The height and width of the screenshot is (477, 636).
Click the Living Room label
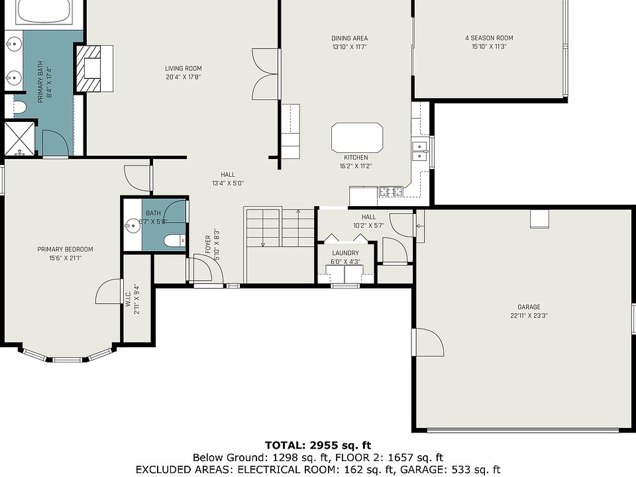click(x=184, y=68)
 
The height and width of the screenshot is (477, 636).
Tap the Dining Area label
click(x=350, y=38)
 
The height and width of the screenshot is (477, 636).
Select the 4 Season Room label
click(x=489, y=38)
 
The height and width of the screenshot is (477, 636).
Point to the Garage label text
click(x=529, y=307)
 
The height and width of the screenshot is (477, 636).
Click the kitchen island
click(x=357, y=138)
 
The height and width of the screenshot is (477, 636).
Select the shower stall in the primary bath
click(x=19, y=138)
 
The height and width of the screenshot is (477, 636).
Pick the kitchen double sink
click(x=420, y=151)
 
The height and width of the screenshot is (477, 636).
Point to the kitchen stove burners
click(x=392, y=191)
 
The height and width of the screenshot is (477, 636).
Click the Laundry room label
click(x=346, y=253)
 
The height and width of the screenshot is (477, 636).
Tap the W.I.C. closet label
click(x=128, y=298)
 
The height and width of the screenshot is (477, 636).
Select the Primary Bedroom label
click(x=66, y=250)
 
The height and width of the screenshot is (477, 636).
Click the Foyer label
click(x=208, y=244)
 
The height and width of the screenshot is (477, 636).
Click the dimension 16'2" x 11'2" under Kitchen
click(x=356, y=166)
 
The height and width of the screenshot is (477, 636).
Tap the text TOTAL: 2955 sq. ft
click(x=318, y=445)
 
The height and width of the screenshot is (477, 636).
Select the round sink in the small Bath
click(x=132, y=225)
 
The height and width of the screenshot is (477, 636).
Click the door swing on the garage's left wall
click(x=430, y=343)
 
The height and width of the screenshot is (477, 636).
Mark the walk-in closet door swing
click(x=108, y=291)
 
